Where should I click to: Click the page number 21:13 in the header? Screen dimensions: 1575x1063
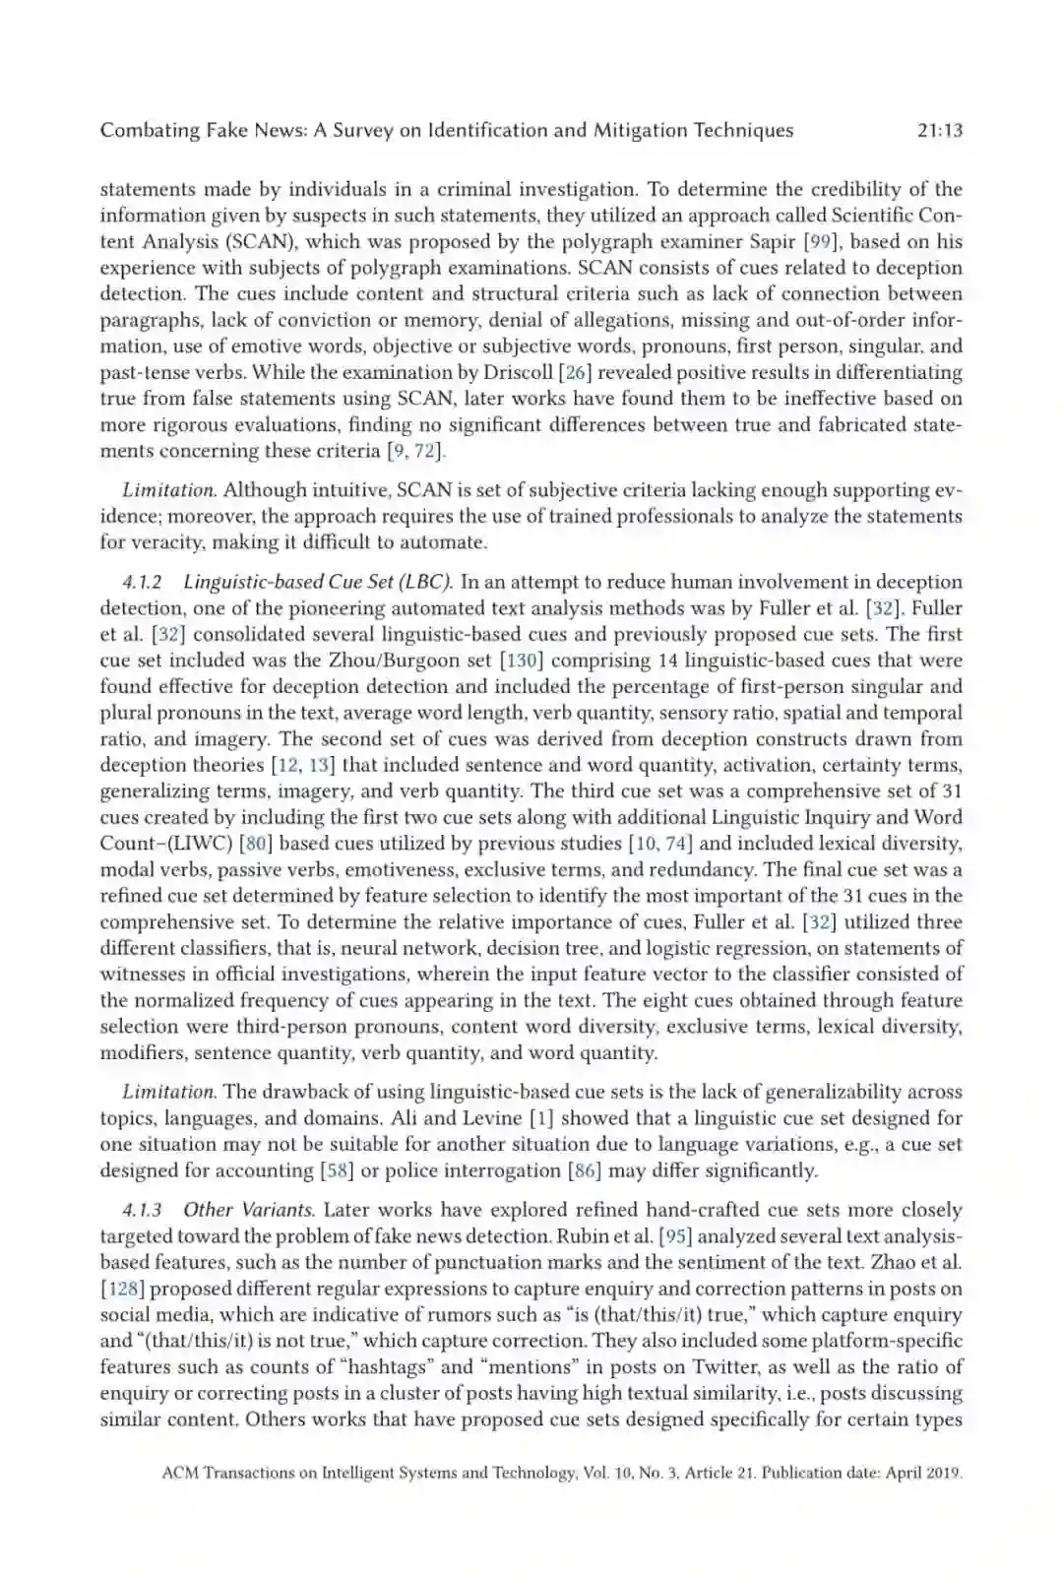(x=938, y=130)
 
